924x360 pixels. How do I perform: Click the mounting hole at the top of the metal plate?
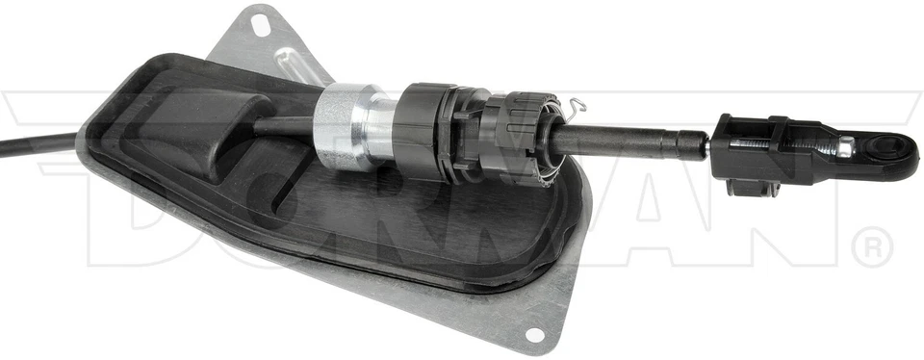point(259,24)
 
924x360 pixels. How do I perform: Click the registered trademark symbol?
point(873,248)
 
